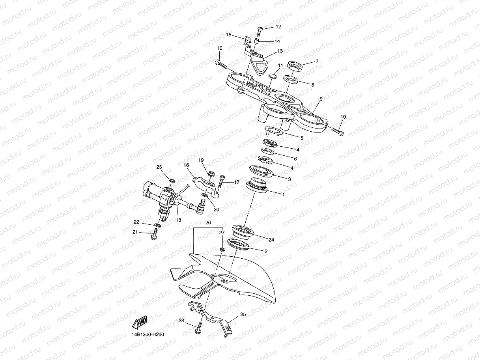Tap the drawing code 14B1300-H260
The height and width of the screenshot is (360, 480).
click(x=148, y=335)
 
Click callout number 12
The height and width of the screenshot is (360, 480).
click(x=278, y=27)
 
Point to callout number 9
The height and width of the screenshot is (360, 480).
click(x=321, y=99)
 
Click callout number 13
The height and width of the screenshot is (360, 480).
click(x=280, y=51)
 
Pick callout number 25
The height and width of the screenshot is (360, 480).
click(x=243, y=314)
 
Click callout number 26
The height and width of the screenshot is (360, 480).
click(x=208, y=222)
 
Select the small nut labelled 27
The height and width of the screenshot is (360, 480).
click(x=222, y=249)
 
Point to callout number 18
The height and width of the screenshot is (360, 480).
click(x=179, y=220)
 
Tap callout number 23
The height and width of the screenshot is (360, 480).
click(x=159, y=167)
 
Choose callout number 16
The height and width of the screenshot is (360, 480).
click(x=186, y=165)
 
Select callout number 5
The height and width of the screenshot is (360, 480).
click(x=302, y=138)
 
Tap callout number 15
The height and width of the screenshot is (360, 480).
click(x=228, y=35)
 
